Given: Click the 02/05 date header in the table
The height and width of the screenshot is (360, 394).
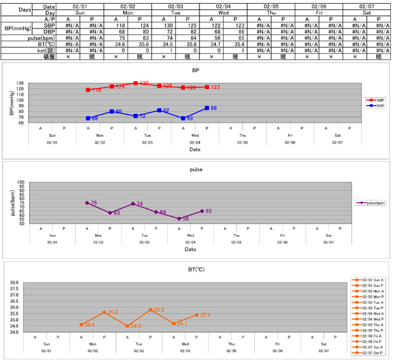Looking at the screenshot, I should tap(270, 5).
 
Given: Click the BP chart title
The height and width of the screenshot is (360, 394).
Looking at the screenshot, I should tap(196, 70).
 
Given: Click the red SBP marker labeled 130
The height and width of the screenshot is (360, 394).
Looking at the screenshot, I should tap(135, 83).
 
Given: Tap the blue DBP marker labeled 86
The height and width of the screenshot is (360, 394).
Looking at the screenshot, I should tap(207, 108).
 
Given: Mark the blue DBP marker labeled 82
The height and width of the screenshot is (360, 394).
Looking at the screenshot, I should tap(159, 110).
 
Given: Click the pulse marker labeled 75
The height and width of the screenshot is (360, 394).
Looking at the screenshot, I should tap(87, 203).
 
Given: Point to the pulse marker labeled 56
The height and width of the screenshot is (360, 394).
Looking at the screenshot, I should tap(179, 218).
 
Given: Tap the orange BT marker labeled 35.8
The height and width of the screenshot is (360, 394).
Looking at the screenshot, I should tap(150, 310).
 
